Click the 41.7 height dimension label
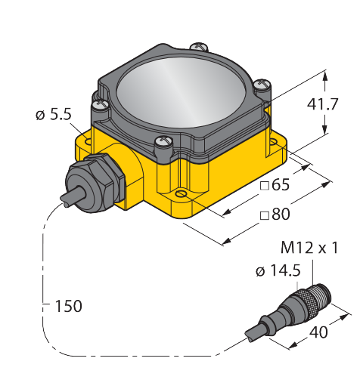322,103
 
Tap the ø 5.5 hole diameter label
54,115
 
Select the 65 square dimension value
281,185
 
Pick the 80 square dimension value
281,215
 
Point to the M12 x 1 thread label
309,248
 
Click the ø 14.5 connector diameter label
278,271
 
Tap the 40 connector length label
318,332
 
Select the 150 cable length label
68,306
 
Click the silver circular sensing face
181,91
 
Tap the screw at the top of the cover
199,47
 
